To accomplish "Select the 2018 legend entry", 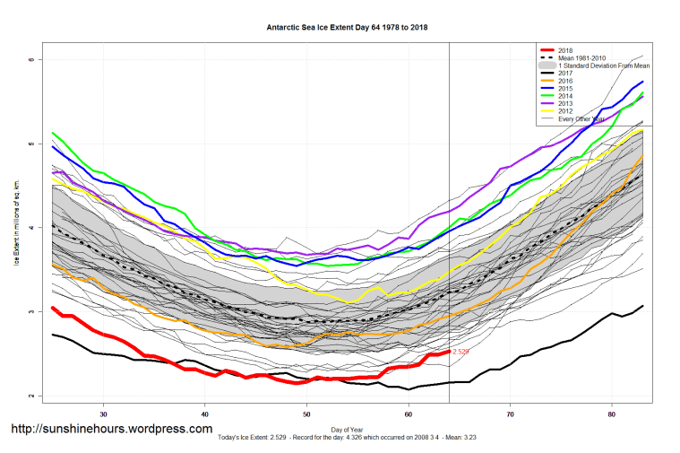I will point(564,49).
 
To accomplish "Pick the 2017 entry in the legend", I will point(564,74).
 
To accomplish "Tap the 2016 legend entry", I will point(564,82).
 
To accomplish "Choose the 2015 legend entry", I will point(564,89).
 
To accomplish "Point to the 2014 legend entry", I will point(564,97).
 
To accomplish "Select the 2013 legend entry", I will point(564,104).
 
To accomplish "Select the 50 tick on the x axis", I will point(306,414).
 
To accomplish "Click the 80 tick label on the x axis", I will point(611,414).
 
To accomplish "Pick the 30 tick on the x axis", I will point(104,414).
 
